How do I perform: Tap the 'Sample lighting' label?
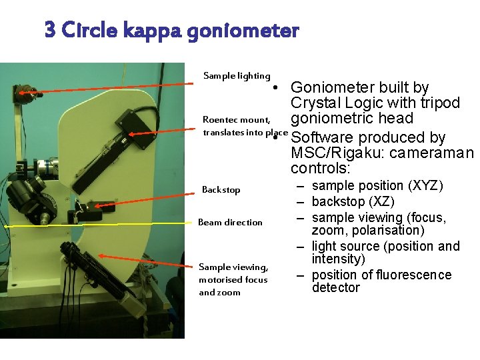(237, 76)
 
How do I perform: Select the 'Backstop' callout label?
(221, 190)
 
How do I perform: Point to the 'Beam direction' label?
(230, 222)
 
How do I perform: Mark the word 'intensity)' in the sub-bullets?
(338, 259)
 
